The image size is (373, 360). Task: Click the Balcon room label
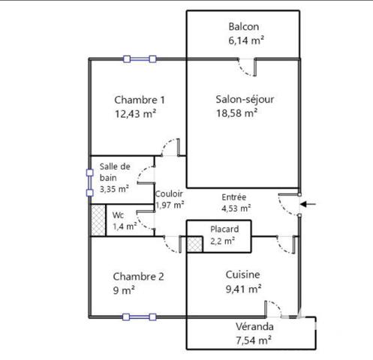244,27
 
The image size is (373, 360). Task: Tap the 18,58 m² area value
236,113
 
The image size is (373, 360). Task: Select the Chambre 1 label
140,100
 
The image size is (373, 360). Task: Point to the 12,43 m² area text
135,114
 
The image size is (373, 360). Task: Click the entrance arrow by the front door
308,204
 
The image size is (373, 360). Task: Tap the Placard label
224,229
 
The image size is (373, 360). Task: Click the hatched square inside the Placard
194,244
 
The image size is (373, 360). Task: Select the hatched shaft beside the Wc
98,220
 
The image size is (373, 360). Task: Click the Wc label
118,215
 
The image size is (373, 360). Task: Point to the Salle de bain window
90,183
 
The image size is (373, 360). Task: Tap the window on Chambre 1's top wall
140,59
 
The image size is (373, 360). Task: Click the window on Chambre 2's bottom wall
140,317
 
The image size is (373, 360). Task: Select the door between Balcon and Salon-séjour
247,67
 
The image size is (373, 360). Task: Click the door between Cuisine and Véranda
273,309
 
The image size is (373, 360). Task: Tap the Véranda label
254,327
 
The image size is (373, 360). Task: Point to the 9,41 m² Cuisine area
243,289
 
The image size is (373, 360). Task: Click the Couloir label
169,193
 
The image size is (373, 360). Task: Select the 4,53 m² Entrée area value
236,208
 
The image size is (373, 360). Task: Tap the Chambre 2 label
138,277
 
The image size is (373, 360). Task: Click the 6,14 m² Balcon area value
246,40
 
